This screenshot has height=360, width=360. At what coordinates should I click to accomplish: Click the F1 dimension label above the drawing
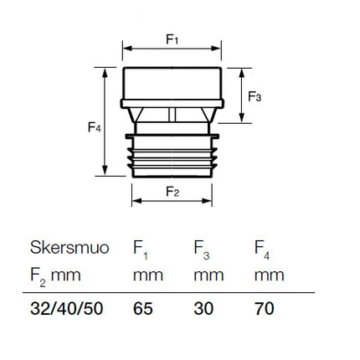tap(172, 39)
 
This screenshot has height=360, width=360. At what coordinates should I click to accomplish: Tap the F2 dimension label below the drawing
tap(172, 192)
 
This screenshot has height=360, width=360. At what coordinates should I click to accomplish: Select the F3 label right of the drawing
tap(255, 96)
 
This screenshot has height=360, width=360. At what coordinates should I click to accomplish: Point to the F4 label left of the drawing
tap(95, 127)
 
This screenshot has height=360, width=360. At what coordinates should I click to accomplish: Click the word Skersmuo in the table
tap(69, 247)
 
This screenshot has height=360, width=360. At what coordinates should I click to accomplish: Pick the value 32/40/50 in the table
tap(67, 309)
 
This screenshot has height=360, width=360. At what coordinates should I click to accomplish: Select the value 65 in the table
tap(143, 309)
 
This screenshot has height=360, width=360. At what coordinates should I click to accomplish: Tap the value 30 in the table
tap(203, 309)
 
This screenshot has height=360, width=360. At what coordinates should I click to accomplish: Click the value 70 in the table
tap(264, 309)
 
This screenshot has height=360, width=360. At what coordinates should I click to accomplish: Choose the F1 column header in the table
tap(141, 249)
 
